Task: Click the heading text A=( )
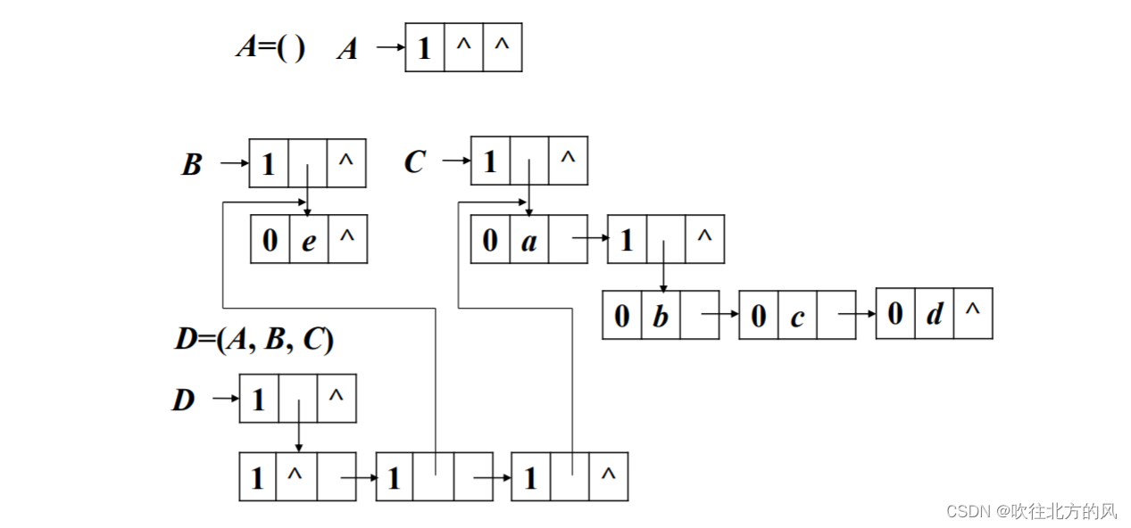[x=270, y=46]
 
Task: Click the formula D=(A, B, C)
[x=254, y=340]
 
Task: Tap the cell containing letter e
[x=309, y=240]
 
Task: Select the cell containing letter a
[x=529, y=240]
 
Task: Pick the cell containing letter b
[x=661, y=315]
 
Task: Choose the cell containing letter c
[x=797, y=315]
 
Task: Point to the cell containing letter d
[x=935, y=313]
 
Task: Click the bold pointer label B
[x=191, y=165]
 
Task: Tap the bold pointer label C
[x=414, y=162]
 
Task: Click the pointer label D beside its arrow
[x=183, y=400]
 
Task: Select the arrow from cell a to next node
[x=589, y=239]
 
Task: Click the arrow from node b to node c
[x=720, y=315]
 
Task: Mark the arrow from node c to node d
[x=857, y=314]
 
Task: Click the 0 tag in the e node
[x=270, y=240]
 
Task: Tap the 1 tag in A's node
[x=424, y=47]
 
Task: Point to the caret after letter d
[x=973, y=311]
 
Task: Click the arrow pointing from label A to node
[x=390, y=47]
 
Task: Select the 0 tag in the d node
[x=895, y=313]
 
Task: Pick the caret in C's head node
[x=568, y=160]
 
